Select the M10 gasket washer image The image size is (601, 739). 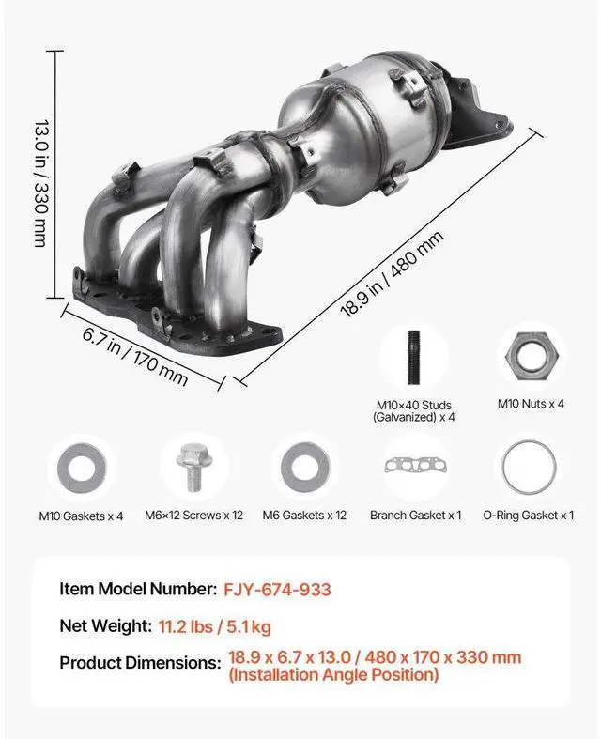point(82,468)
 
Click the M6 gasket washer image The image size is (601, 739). point(304,467)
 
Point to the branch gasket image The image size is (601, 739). point(415,467)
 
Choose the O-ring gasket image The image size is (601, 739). point(528,467)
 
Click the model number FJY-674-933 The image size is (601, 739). point(277,590)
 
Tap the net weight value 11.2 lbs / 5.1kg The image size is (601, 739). point(215,625)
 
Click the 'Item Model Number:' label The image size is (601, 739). point(138,590)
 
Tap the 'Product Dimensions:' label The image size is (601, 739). point(140,663)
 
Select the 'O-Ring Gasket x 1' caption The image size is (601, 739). point(528,516)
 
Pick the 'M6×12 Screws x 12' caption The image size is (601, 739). point(194,516)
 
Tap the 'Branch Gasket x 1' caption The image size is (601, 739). point(415,516)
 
